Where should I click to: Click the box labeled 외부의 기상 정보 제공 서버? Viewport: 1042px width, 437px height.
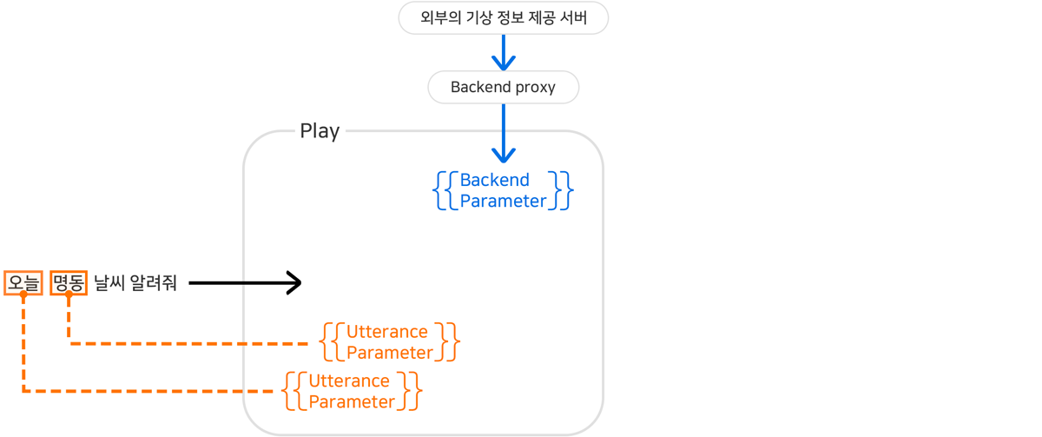click(x=503, y=18)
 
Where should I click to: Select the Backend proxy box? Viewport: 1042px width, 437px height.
click(x=503, y=87)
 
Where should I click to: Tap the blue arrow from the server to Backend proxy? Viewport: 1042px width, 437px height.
click(x=504, y=52)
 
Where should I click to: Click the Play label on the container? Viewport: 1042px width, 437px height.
click(x=320, y=131)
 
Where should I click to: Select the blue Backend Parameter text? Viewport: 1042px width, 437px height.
click(x=503, y=190)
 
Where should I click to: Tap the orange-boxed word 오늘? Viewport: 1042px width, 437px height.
click(x=23, y=282)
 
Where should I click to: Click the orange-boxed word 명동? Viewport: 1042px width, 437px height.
click(x=69, y=282)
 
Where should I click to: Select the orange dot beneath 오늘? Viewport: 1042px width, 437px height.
click(x=23, y=295)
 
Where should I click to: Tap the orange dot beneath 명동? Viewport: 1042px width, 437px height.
click(x=69, y=295)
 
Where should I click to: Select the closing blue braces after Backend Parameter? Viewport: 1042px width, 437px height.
click(x=564, y=190)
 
